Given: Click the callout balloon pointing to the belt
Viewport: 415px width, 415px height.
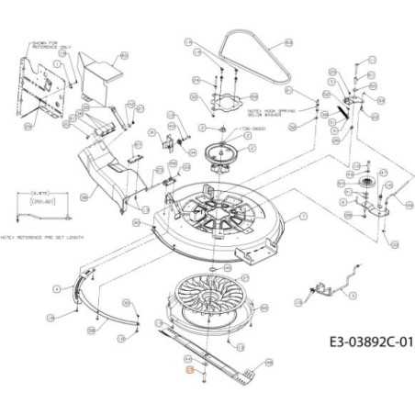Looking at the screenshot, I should click(x=286, y=42).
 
